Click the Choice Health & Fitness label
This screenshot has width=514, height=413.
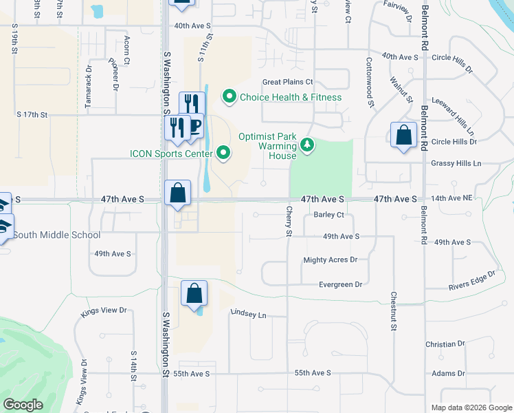pos(290,97)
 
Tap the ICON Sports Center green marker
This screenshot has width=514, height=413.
pos(223,153)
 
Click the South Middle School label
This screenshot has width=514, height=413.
pos(57,235)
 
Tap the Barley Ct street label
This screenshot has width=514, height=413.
pos(328,215)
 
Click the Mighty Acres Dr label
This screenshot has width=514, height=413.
pos(331,260)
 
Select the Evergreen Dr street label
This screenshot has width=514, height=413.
pos(340,284)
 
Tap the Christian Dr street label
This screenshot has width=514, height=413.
pos(445,343)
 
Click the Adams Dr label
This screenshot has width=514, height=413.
pos(449,373)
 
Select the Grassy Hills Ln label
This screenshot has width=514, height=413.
pos(456,164)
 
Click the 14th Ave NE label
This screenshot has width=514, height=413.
pos(452,198)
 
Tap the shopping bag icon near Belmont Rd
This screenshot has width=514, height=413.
pos(403,136)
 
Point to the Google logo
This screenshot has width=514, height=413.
pos(23,405)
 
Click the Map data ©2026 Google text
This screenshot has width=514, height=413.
pos(471,407)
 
